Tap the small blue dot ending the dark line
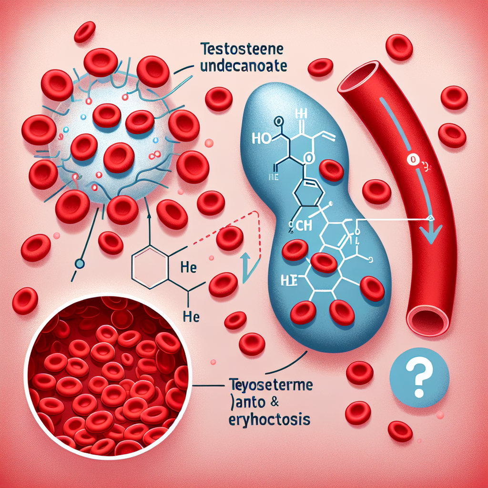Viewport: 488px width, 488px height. pyautogui.click(x=80, y=263)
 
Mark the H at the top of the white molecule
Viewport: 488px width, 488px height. pyautogui.click(x=300, y=113)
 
